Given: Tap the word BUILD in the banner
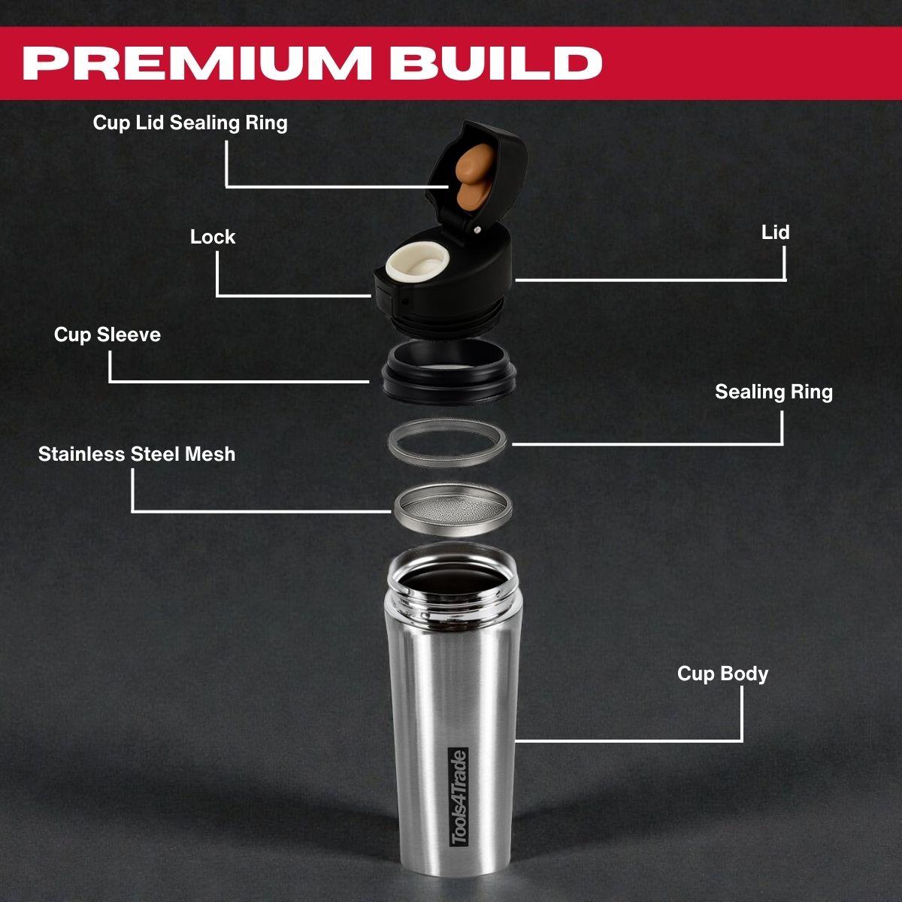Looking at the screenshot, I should [495, 63].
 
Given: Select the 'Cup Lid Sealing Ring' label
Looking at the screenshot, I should [190, 123].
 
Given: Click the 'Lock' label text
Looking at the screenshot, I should [213, 237].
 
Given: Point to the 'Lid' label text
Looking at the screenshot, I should [775, 232].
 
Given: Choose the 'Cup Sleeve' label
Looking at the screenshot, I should [107, 334].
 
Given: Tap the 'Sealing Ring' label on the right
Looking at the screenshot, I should [773, 392].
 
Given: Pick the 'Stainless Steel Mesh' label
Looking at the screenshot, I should [137, 454].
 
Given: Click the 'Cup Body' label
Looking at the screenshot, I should [722, 673].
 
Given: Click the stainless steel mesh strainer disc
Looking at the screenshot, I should [453, 512].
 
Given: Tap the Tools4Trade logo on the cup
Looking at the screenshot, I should [457, 797].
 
